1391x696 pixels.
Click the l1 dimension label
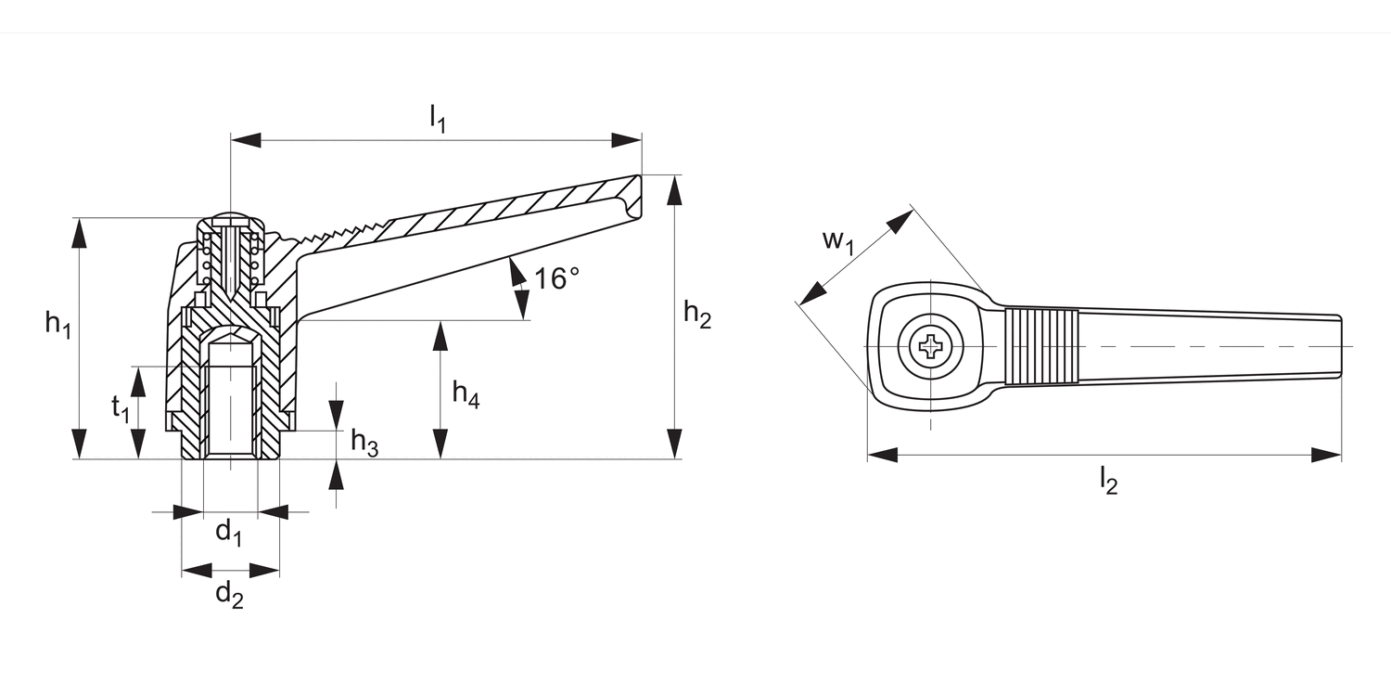438,118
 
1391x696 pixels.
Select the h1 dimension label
57,324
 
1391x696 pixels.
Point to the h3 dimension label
364,443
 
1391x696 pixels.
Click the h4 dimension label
466,394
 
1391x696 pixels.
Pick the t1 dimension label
121,409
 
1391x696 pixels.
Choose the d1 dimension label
228,534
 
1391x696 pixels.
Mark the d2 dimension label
229,594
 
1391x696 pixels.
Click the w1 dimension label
838,241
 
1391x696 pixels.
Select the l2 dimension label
1108,481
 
